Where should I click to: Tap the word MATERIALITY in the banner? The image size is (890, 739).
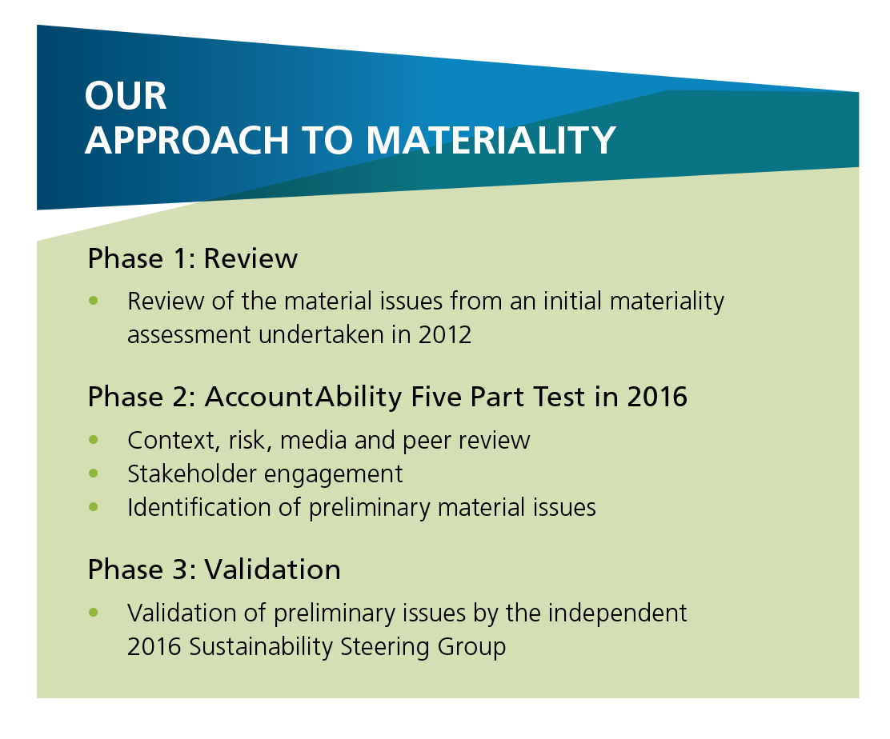[x=491, y=139]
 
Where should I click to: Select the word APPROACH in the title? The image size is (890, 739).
[x=187, y=139]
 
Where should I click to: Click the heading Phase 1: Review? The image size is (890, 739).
[x=192, y=258]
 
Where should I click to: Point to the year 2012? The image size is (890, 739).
[x=445, y=334]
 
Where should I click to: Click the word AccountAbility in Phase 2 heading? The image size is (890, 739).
[x=303, y=397]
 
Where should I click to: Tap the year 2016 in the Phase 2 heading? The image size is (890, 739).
[x=657, y=397]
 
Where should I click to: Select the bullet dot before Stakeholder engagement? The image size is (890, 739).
[x=94, y=473]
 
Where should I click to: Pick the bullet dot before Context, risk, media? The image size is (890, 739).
[x=94, y=439]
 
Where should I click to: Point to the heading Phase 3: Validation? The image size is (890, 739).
[x=214, y=569]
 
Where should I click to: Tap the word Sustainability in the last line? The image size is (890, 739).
[x=261, y=647]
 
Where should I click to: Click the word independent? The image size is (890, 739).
[x=618, y=613]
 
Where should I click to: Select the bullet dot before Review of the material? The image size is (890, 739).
[x=94, y=300]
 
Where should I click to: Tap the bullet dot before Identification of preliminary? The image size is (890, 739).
[x=94, y=506]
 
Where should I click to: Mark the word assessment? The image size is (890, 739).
[x=189, y=335]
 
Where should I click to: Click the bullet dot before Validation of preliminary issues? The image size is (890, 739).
[x=94, y=613]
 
